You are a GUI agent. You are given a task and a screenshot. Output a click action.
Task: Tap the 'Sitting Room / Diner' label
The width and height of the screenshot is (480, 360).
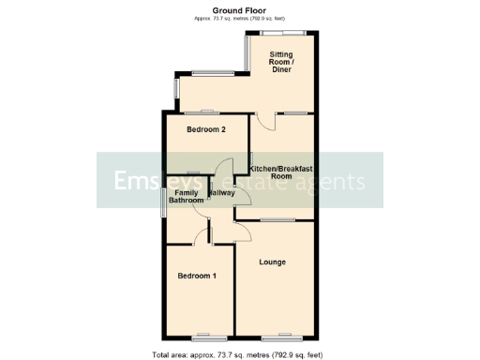[281, 62]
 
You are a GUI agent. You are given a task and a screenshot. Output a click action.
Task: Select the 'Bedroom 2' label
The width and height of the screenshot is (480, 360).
[205, 129]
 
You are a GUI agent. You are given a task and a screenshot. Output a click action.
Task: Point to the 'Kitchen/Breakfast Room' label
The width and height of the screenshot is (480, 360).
[282, 172]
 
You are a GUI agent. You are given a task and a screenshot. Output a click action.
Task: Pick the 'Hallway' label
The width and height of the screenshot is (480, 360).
[221, 193]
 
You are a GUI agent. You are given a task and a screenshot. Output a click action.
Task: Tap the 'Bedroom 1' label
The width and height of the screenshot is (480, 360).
[198, 276]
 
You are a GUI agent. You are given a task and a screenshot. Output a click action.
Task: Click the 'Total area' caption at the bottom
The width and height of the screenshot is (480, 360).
[239, 354]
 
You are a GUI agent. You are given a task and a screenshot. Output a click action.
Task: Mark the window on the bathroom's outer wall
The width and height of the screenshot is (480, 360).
[161, 202]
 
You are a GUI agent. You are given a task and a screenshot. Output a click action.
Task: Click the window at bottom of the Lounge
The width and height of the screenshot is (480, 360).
[275, 335]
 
